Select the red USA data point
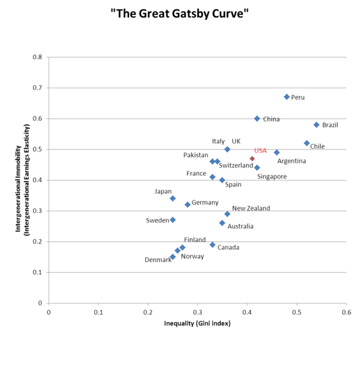click(x=252, y=158)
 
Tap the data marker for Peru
click(x=287, y=97)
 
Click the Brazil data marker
click(x=316, y=125)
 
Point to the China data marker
click(x=257, y=119)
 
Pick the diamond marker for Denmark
click(x=173, y=257)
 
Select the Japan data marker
click(x=173, y=198)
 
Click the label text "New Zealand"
click(x=251, y=208)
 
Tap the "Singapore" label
click(x=272, y=176)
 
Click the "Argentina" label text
click(x=292, y=161)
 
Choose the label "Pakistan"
click(x=196, y=155)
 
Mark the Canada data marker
click(x=212, y=245)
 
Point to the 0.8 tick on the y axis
click(x=38, y=58)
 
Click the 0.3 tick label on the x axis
click(x=197, y=312)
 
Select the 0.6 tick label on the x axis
click(x=346, y=312)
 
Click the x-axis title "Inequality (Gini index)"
click(x=197, y=324)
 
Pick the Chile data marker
click(x=307, y=143)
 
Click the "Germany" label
click(x=205, y=203)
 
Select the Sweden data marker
click(x=173, y=220)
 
